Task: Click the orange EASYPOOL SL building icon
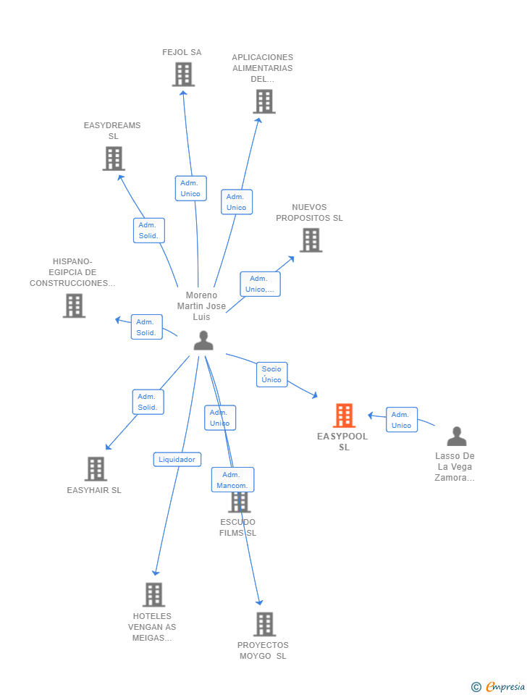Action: [x=344, y=416]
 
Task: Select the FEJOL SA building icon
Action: [x=183, y=75]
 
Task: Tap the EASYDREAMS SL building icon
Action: [x=114, y=159]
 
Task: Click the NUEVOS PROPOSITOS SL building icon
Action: [x=311, y=240]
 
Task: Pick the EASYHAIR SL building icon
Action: [x=96, y=469]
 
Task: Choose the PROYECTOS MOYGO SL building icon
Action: [x=265, y=624]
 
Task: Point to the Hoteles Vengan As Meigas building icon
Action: [x=153, y=595]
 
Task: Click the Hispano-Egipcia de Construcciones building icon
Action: [x=74, y=306]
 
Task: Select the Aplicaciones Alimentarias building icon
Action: [x=264, y=101]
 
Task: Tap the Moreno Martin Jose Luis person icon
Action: [x=203, y=340]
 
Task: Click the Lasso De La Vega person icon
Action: [x=457, y=437]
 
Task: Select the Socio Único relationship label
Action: [x=271, y=374]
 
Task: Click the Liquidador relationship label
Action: [x=177, y=459]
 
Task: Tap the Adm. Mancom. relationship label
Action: [x=232, y=480]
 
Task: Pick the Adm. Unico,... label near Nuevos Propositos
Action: [x=260, y=284]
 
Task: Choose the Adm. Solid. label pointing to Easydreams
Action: [x=149, y=230]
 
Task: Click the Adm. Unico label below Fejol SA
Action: [x=190, y=188]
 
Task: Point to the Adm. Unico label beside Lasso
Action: [x=401, y=420]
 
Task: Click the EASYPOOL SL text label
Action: [x=343, y=442]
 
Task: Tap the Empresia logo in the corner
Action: [x=499, y=686]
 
